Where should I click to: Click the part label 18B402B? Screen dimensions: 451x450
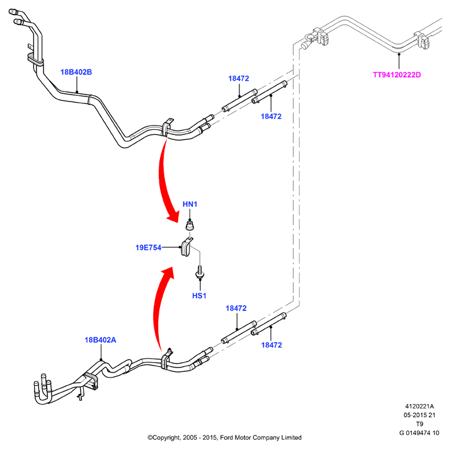76,72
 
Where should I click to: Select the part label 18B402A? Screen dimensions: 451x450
100,340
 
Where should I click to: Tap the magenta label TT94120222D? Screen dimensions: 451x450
397,75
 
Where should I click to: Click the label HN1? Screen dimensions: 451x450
190,204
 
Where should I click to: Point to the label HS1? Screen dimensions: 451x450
199,296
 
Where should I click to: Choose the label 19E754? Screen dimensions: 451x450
149,248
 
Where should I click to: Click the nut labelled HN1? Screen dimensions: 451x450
190,225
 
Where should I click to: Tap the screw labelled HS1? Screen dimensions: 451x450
200,273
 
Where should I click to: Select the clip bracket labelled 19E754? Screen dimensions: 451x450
186,247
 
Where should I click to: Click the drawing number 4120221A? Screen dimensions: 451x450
420,407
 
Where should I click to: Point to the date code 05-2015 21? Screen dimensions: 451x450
420,415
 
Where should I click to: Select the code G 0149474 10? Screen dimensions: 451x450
420,433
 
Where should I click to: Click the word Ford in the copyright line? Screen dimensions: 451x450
227,437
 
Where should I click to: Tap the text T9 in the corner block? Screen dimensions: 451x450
420,424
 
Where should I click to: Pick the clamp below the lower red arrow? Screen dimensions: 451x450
166,359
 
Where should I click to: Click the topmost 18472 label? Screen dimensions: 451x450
239,78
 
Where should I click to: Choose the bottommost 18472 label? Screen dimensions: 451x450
271,345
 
